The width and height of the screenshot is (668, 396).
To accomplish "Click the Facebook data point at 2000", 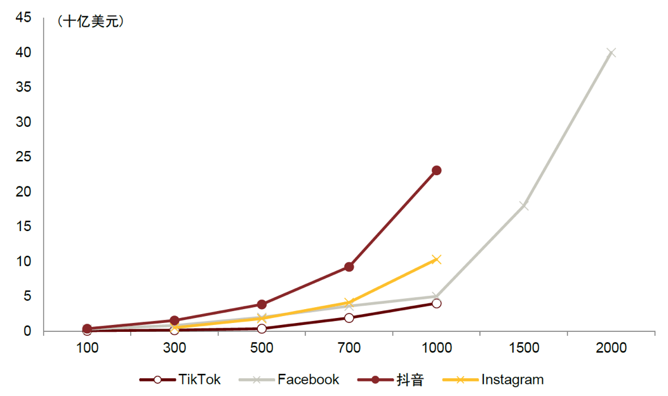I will pos(611,53).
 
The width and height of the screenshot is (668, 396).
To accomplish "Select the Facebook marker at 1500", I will pos(524,206).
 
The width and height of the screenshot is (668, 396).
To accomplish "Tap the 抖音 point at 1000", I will pos(436,170).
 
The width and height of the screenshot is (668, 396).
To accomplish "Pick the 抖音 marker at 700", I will pos(349,267).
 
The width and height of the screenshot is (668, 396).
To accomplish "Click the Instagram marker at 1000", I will pos(436,259).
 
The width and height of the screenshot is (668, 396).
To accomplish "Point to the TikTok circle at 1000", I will pos(436,303).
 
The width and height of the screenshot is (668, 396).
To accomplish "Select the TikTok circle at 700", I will pos(349,317).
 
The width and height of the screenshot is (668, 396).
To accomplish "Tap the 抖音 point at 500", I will pos(262,305).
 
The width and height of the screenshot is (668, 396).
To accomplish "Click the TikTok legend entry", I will pos(180,379).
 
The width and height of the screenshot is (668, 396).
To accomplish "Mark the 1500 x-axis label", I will pos(524,348).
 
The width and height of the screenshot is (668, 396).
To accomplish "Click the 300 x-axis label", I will pos(175,348).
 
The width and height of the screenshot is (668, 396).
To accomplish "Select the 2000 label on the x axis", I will pos(611,348).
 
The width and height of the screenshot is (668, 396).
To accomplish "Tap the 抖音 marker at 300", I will pos(175,320).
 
